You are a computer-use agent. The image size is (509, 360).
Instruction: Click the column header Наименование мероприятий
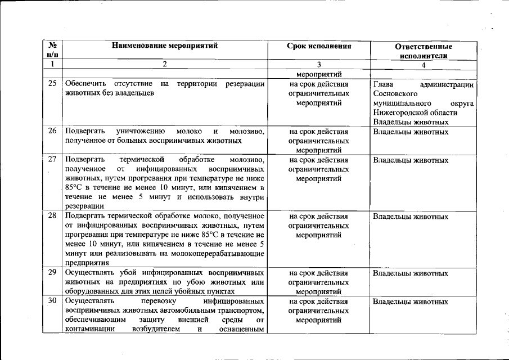164,46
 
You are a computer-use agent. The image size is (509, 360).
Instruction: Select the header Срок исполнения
318,46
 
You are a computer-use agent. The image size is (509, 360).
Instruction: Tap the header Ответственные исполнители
424,51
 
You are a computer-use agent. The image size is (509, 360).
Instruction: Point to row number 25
52,84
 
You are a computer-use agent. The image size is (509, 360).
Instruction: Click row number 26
52,132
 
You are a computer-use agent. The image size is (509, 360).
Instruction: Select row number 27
52,160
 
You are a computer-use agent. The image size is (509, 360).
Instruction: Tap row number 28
52,216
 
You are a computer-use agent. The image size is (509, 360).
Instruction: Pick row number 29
52,273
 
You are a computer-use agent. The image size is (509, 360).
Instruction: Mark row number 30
52,301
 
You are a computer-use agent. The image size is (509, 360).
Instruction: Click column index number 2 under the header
164,64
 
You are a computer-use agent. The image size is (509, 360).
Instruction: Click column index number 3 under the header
318,64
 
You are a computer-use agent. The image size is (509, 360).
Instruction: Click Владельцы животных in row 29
411,273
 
